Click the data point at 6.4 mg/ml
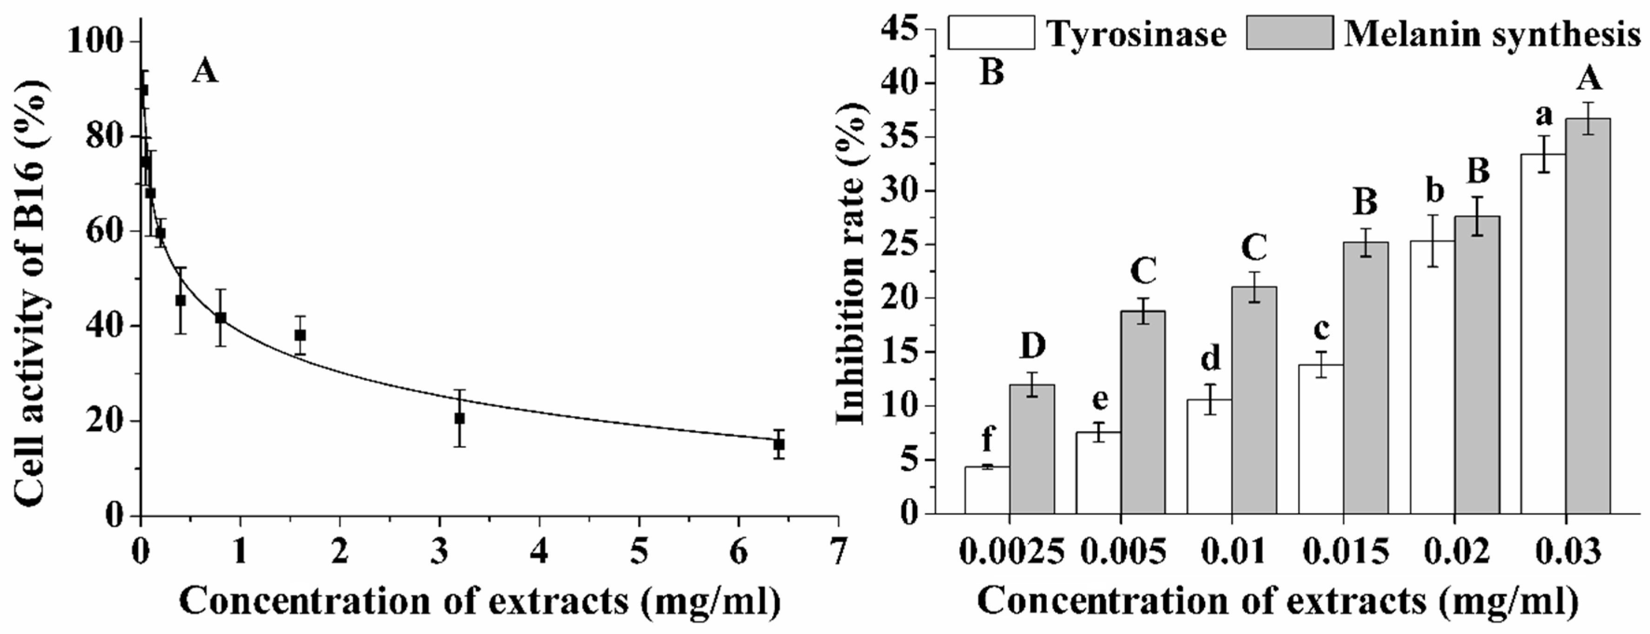point(779,444)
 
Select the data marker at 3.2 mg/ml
point(459,418)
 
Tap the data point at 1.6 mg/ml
point(300,335)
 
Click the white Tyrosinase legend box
point(991,33)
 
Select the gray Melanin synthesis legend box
point(1289,33)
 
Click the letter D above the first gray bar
point(1032,347)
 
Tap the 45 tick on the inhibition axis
point(901,29)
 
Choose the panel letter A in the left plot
point(205,72)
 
